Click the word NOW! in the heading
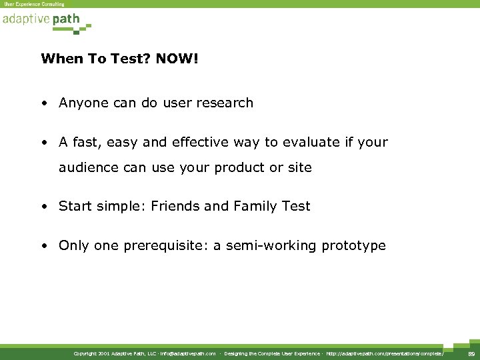(x=177, y=59)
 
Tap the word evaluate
(x=307, y=143)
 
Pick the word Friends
(x=175, y=207)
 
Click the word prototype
(x=353, y=246)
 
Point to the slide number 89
(x=470, y=353)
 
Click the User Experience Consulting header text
(x=35, y=4)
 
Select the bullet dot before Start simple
(x=43, y=207)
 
